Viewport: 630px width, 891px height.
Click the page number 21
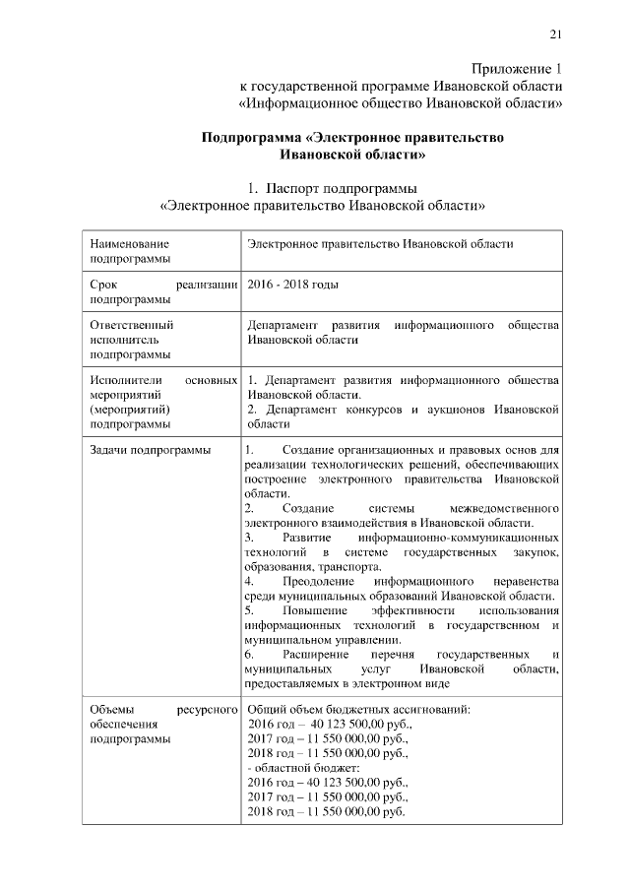[555, 36]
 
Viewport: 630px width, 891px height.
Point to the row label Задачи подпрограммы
[149, 451]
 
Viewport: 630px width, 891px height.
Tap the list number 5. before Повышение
[249, 611]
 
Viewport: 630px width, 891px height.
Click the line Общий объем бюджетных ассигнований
[358, 709]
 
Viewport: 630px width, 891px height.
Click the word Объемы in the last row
[111, 709]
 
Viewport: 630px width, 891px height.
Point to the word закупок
[537, 553]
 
